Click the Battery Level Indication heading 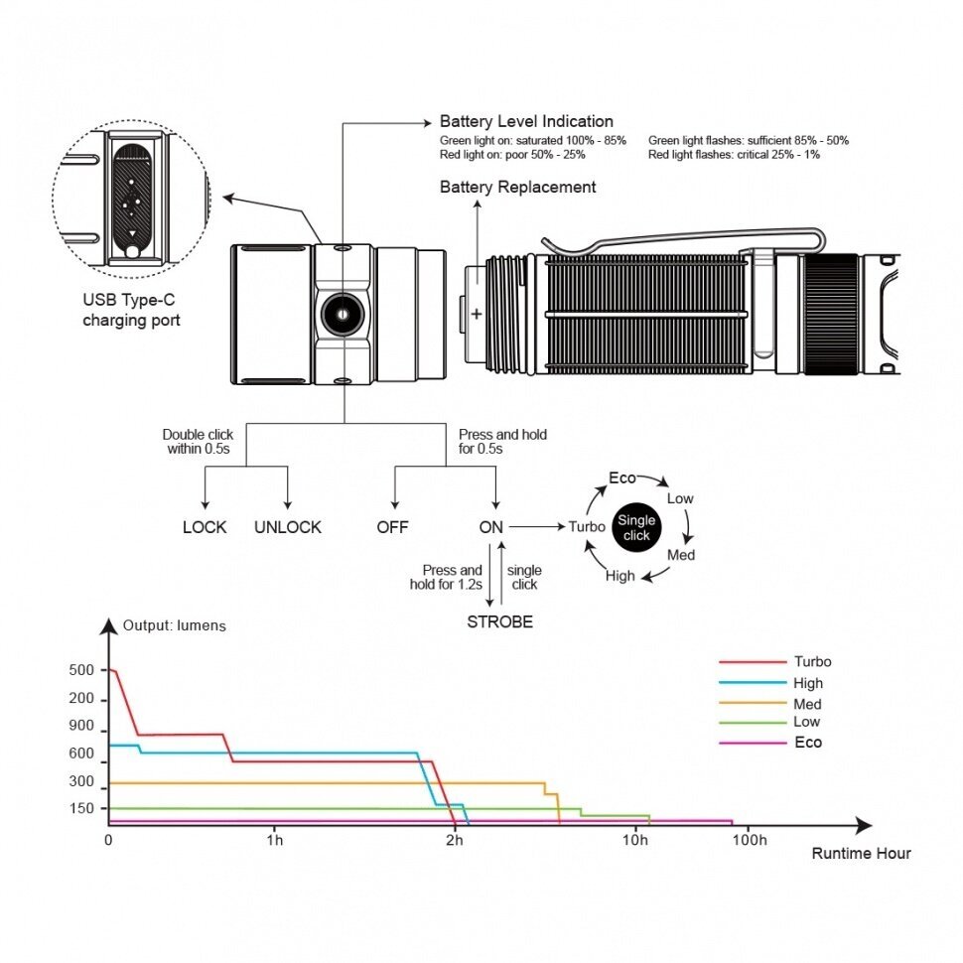(x=526, y=122)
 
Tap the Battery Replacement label (x=517, y=187)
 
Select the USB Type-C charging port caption (x=131, y=311)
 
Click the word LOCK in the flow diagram (x=205, y=527)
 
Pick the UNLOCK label (x=288, y=527)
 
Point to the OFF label (x=392, y=527)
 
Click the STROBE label (x=500, y=622)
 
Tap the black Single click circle (x=636, y=527)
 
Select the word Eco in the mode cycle (x=622, y=479)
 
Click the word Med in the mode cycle (x=681, y=555)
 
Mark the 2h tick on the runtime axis (x=454, y=840)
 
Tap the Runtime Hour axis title (x=861, y=853)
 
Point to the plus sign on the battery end (x=476, y=314)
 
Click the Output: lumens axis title (x=175, y=626)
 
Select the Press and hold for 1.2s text (x=453, y=577)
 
